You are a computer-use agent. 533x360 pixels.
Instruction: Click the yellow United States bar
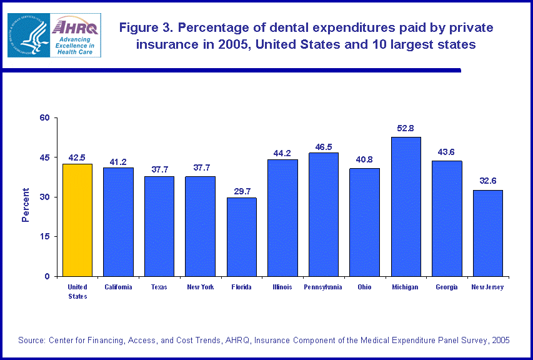pyautogui.click(x=77, y=220)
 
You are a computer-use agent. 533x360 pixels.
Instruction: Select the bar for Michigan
pyautogui.click(x=406, y=206)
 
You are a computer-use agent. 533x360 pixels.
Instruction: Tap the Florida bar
pyautogui.click(x=241, y=237)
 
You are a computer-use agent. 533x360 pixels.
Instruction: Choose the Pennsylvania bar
pyautogui.click(x=323, y=214)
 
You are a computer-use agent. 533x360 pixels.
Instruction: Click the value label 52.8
pyautogui.click(x=406, y=129)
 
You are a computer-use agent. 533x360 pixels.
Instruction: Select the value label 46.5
pyautogui.click(x=323, y=145)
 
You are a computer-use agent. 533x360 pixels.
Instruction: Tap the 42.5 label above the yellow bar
pyautogui.click(x=77, y=157)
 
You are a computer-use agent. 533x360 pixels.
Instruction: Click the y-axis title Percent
pyautogui.click(x=26, y=204)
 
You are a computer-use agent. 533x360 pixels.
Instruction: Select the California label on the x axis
pyautogui.click(x=118, y=287)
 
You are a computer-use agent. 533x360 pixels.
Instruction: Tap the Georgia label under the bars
pyautogui.click(x=446, y=287)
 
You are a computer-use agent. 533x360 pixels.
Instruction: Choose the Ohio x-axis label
pyautogui.click(x=364, y=287)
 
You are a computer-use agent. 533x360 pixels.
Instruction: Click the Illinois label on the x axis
pyautogui.click(x=282, y=287)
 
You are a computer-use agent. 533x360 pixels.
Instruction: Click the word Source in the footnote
pyautogui.click(x=31, y=340)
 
